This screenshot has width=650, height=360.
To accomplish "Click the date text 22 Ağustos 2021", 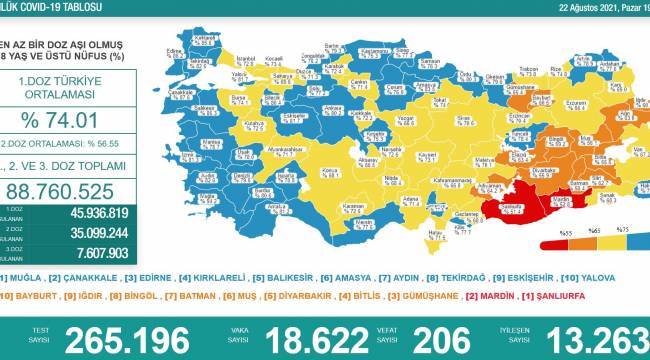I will [571, 7].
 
